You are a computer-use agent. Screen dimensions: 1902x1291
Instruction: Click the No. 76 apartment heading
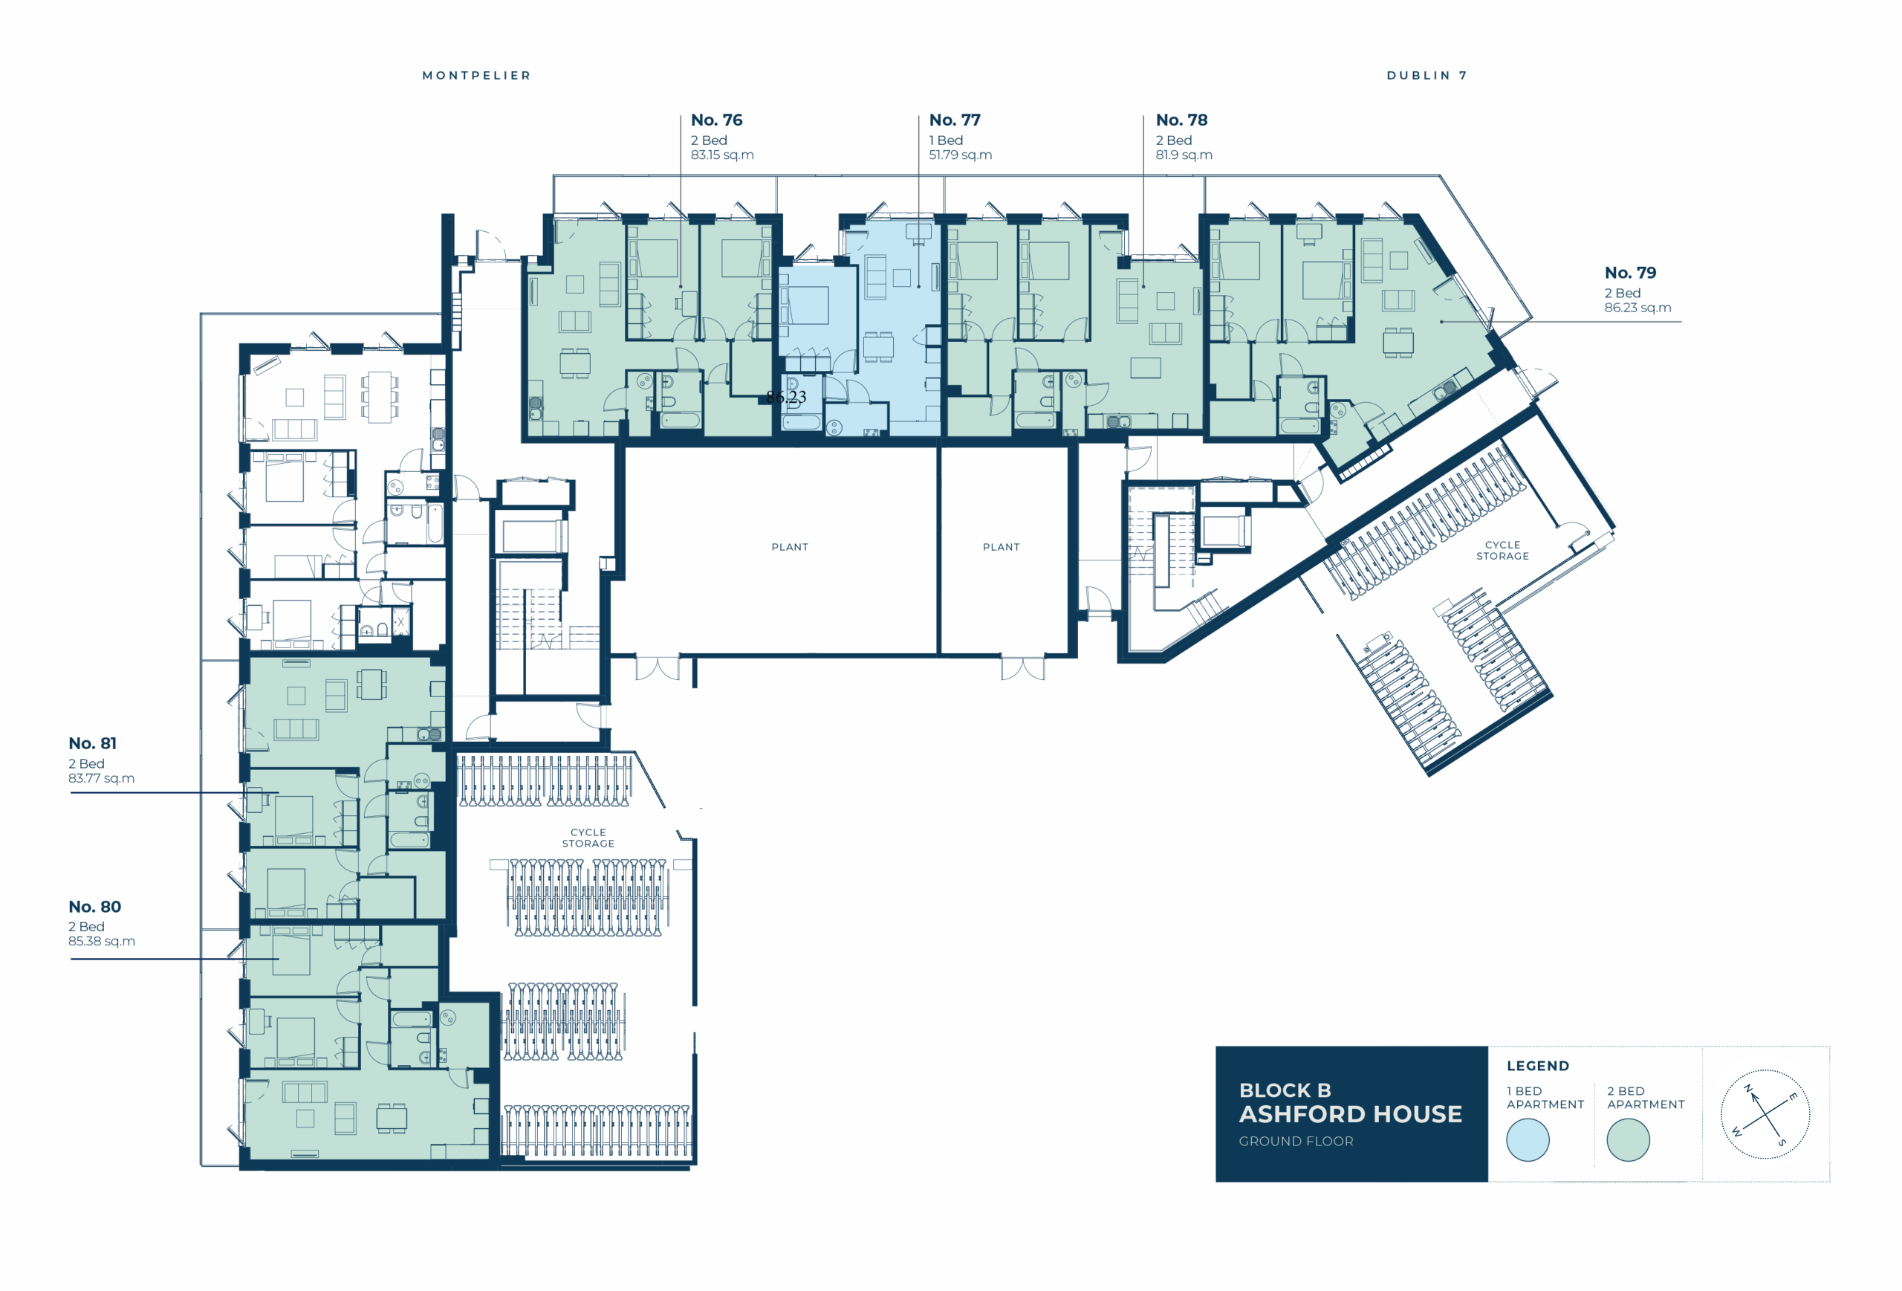[x=716, y=120]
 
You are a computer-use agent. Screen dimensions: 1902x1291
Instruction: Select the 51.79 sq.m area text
[x=960, y=155]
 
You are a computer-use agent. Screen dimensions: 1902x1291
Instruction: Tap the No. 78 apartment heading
[x=1181, y=120]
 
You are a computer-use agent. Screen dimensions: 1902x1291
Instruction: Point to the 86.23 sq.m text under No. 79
[x=1638, y=308]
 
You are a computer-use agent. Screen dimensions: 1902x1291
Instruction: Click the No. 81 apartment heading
[x=92, y=743]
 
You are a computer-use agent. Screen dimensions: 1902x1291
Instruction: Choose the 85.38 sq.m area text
[x=102, y=942]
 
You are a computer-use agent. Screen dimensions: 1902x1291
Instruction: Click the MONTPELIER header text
[x=476, y=75]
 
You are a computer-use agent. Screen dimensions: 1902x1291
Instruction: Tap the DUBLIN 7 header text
[x=1426, y=75]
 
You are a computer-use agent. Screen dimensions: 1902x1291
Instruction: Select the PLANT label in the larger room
[x=790, y=547]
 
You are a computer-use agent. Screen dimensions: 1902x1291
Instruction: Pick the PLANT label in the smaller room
[x=1001, y=547]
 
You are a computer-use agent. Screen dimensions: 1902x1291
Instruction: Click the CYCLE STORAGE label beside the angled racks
[x=1502, y=550]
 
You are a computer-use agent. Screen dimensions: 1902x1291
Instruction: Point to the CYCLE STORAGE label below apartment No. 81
[x=588, y=838]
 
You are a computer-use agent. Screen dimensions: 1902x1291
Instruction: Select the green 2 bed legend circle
[x=1628, y=1139]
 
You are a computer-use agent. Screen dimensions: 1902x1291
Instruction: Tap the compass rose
[x=1765, y=1114]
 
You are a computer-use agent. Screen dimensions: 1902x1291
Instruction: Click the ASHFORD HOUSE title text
[x=1351, y=1114]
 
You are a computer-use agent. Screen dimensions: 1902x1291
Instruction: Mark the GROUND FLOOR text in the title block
[x=1296, y=1141]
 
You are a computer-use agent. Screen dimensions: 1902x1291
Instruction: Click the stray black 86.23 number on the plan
[x=787, y=397]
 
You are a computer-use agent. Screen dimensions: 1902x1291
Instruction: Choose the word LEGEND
[x=1538, y=1066]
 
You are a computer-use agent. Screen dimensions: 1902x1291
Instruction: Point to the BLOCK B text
[x=1285, y=1090]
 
